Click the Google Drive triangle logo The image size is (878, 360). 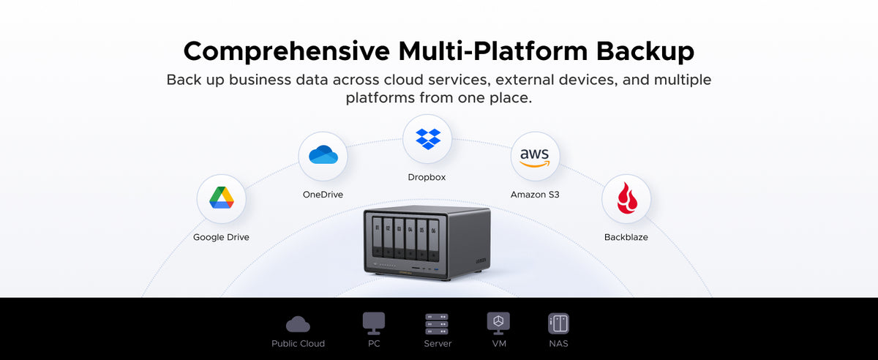[222, 198]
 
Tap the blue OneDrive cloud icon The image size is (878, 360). [323, 154]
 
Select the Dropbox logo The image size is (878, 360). [428, 139]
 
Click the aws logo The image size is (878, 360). [535, 157]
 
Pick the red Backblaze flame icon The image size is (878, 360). [627, 198]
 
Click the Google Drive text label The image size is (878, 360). [221, 237]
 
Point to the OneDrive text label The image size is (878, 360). [323, 195]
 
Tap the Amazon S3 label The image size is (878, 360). [535, 195]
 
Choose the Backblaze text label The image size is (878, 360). [626, 237]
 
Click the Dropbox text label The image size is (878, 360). [427, 177]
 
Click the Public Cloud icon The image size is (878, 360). [298, 324]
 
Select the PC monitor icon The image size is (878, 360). [374, 323]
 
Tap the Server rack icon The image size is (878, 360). [437, 324]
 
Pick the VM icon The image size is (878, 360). [498, 323]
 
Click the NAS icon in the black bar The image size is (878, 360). [558, 323]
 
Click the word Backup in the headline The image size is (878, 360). [645, 52]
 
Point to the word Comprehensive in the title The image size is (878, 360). [287, 52]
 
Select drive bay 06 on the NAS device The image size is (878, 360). [433, 241]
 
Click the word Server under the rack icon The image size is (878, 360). [438, 344]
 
